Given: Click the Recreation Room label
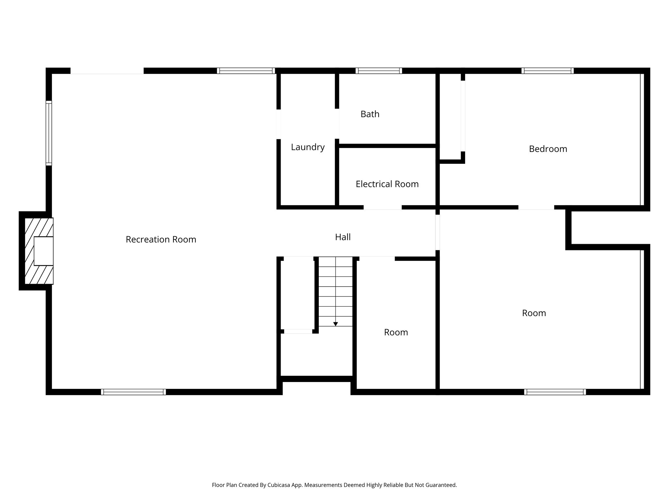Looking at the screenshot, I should [161, 240].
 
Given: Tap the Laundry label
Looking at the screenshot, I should [308, 147].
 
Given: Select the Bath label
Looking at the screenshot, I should [370, 114].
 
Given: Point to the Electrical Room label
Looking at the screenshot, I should [387, 184].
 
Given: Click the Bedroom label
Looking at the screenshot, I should [548, 149].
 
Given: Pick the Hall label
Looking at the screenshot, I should [343, 237].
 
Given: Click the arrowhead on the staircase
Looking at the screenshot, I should [335, 324].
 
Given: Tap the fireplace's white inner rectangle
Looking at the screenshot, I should [43, 251].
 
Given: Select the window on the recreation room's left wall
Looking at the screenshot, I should [49, 133].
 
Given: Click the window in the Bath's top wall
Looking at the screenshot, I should [379, 71].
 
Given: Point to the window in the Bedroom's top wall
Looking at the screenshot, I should [547, 71].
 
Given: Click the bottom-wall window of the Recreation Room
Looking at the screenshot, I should [133, 392].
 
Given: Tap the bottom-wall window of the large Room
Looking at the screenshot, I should [555, 392].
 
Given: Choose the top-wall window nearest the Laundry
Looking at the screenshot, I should [246, 71].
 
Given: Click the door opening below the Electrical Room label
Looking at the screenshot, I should [383, 207].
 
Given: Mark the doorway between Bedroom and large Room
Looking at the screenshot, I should [536, 207].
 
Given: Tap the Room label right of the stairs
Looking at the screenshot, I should [396, 332].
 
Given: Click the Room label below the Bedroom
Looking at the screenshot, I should [534, 313].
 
